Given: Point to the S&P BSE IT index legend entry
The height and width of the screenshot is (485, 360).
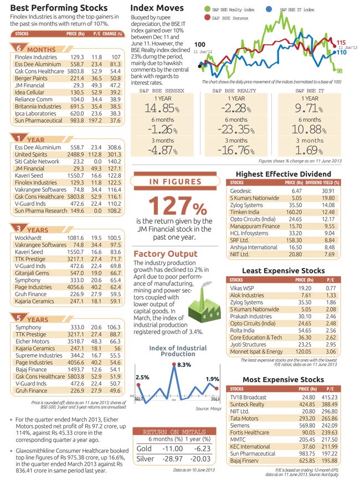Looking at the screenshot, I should tap(297, 10).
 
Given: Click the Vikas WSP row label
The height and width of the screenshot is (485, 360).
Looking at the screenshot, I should tap(243, 288).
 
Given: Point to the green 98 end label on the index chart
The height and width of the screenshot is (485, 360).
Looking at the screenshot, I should tap(339, 71).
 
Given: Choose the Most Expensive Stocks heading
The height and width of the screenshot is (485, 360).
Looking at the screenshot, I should tap(283, 379).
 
